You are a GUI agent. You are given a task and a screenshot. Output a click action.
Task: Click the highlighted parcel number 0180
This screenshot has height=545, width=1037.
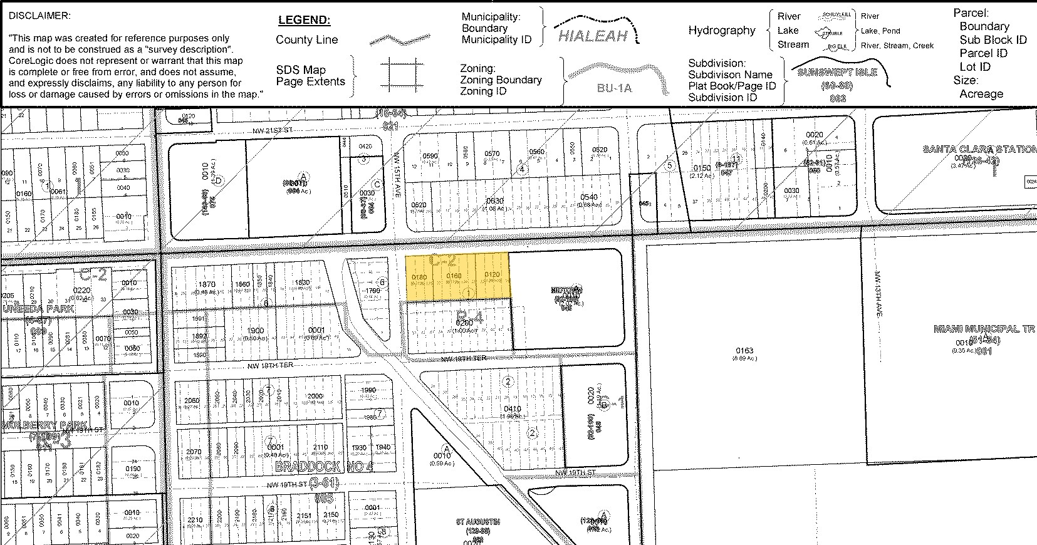coord(419,277)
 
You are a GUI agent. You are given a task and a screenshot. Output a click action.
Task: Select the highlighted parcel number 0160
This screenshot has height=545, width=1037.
coord(454,276)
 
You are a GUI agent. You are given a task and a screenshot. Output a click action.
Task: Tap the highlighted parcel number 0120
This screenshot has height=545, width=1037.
coord(492,276)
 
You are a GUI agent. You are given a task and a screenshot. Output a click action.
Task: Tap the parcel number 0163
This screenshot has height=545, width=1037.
coord(744,351)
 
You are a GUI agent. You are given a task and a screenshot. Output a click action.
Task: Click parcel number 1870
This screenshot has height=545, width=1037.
coord(207,284)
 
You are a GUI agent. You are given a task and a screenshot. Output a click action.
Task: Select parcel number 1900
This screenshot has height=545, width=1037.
coord(256,330)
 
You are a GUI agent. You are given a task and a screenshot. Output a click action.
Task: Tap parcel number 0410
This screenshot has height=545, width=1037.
coord(512,409)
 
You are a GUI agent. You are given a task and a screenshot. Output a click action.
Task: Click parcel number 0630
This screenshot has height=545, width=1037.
coord(495,200)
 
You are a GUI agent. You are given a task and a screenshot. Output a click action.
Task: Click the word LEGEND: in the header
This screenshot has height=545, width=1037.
coord(304,20)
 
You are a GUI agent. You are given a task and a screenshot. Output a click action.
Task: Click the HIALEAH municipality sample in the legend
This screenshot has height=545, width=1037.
coord(592,36)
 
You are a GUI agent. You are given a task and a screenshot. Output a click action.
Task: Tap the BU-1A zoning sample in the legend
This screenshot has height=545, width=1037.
coord(614,88)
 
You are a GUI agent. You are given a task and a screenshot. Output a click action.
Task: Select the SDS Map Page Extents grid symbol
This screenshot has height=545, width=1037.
coord(401,75)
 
